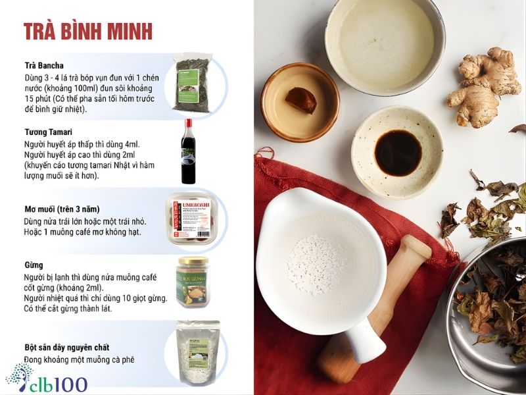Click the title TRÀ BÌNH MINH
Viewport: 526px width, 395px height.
tap(88, 31)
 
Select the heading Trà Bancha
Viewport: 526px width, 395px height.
tap(44, 65)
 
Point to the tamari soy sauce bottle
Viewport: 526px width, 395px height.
tap(191, 153)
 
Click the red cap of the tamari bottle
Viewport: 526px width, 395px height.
tap(189, 123)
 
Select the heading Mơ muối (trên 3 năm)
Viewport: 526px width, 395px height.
tap(62, 210)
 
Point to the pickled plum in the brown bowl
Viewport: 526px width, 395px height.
tap(300, 100)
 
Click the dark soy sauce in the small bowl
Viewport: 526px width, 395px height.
tap(397, 151)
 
